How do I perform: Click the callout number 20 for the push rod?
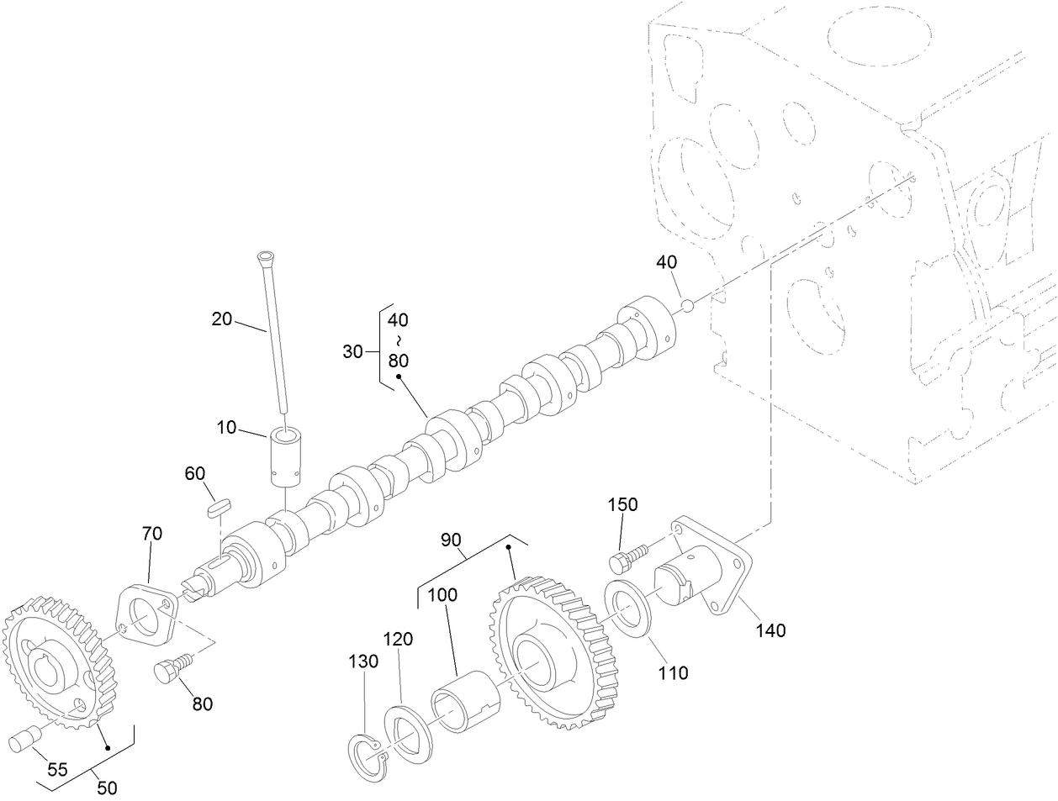coord(221,319)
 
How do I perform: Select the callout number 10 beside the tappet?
coord(226,427)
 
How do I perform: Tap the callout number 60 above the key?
coord(195,474)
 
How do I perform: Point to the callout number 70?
coord(152,533)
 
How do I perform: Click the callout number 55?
coord(57,769)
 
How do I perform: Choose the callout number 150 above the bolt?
coord(623,504)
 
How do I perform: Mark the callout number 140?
coord(770,630)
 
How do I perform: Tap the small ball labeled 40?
coord(687,305)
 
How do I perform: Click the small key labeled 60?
coord(218,506)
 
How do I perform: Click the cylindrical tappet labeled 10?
coord(286,458)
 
